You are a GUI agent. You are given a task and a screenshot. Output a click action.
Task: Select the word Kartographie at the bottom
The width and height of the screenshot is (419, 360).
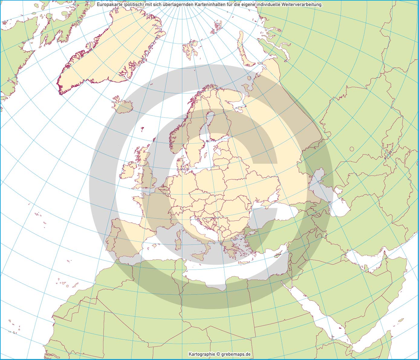coord(202,354)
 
